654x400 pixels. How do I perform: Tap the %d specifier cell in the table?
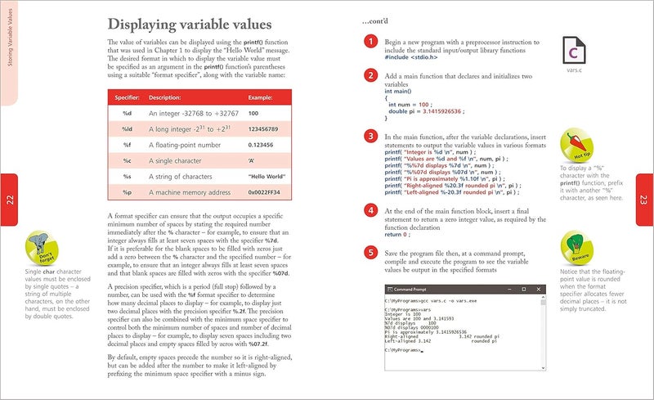128,113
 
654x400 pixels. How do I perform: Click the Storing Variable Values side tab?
8,49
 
